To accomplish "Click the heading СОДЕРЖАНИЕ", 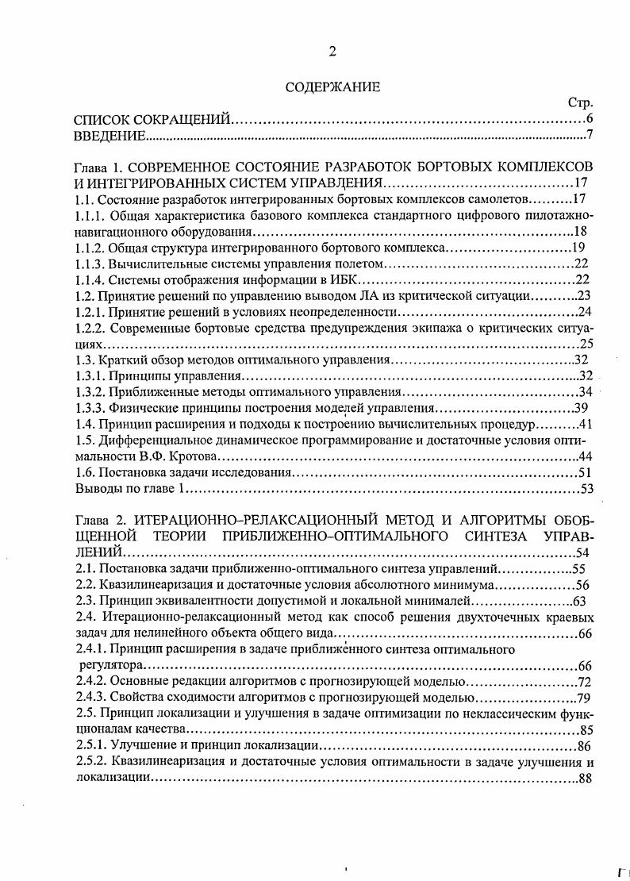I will [x=332, y=87].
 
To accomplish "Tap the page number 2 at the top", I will [x=332, y=52].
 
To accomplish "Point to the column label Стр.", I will [x=580, y=103].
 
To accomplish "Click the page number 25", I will [x=587, y=344].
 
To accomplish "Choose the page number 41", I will [x=586, y=424].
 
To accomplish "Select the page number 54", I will [x=583, y=552].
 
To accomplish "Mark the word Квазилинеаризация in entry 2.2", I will [x=155, y=585].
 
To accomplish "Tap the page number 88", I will [x=586, y=779].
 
